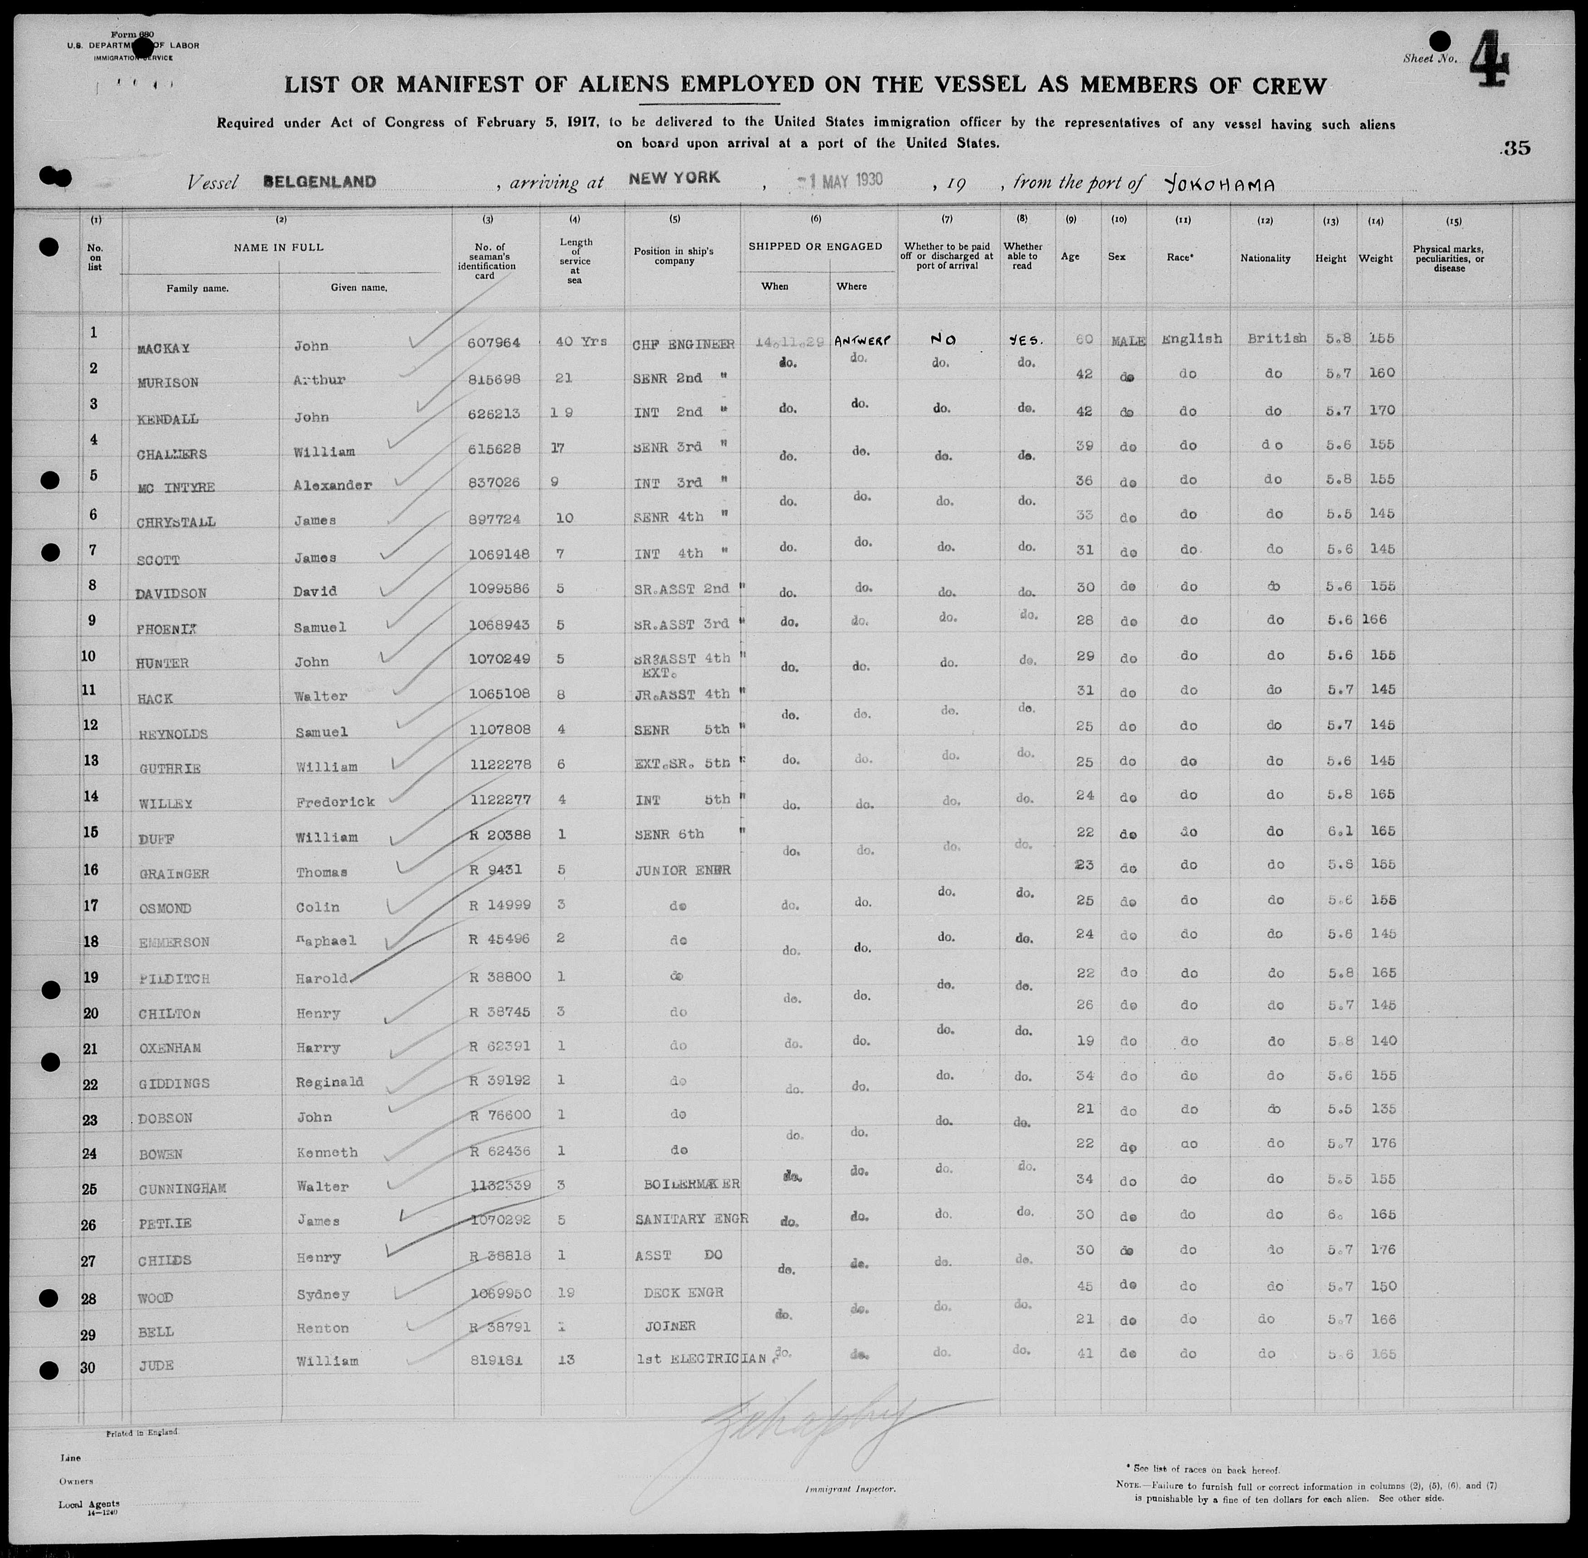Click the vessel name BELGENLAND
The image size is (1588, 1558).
(320, 182)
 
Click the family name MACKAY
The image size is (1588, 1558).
(164, 348)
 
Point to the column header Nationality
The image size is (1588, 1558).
(1265, 259)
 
